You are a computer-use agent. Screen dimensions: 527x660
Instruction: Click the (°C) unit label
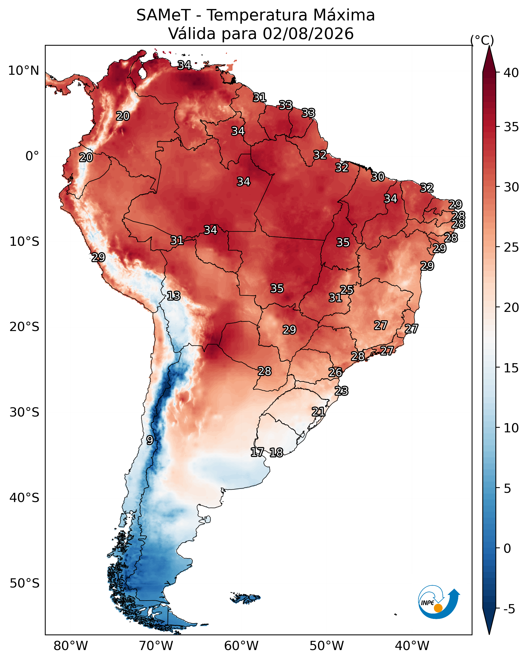(482, 40)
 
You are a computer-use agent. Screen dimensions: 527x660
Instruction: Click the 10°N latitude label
(23, 71)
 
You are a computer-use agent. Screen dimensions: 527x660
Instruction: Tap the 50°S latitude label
(24, 583)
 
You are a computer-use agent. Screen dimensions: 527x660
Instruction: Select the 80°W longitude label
(71, 646)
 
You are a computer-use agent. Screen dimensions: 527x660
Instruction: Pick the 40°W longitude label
(412, 646)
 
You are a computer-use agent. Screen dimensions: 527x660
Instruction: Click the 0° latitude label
(32, 156)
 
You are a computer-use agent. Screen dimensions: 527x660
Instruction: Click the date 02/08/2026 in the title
(308, 33)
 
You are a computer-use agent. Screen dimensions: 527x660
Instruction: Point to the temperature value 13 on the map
(173, 296)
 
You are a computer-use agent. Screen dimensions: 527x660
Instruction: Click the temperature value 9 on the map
(150, 440)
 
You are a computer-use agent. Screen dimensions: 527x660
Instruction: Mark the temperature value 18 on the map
(276, 453)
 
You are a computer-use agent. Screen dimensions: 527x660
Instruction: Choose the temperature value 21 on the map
(318, 411)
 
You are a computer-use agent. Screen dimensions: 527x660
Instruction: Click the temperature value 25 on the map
(347, 290)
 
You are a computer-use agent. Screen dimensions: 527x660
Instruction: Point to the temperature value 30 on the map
(378, 177)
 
